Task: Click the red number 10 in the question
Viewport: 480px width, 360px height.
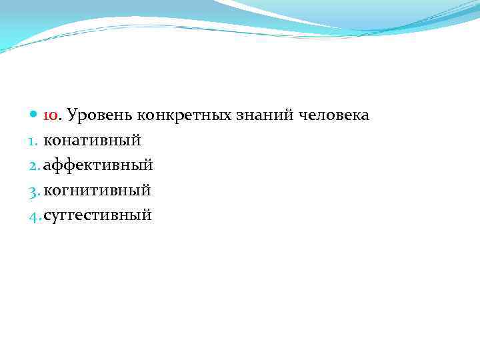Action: coord(51,116)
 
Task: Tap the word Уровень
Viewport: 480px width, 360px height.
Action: coord(99,116)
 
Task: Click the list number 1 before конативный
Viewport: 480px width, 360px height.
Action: coord(33,141)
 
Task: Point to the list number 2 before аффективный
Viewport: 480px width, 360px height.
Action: coord(34,165)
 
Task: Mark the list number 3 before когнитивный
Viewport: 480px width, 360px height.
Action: coord(34,191)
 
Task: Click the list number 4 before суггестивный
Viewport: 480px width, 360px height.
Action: coord(34,215)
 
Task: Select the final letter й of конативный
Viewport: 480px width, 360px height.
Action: coord(136,141)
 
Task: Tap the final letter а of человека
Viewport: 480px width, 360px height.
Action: coord(364,117)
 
